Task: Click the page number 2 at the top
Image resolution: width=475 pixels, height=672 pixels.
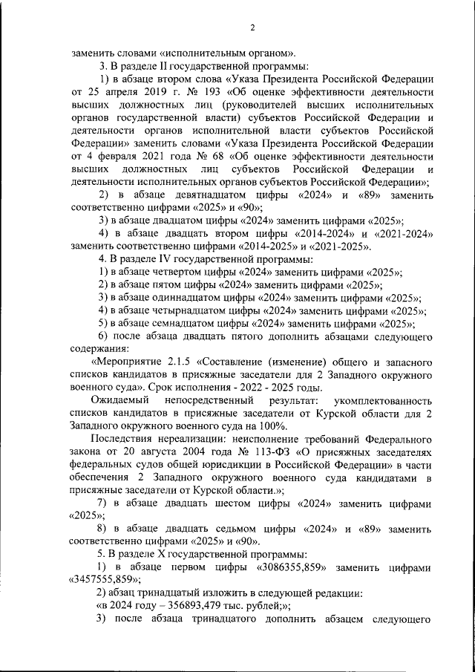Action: [x=252, y=28]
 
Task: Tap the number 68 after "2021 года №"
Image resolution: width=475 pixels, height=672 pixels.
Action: [x=217, y=157]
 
